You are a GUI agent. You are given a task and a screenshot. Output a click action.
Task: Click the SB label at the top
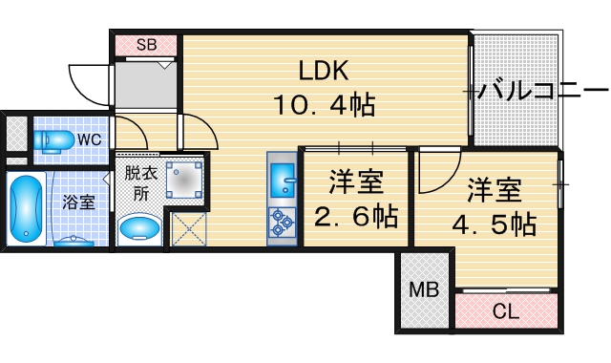coord(146,44)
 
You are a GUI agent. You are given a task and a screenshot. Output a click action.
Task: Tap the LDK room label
coord(325,71)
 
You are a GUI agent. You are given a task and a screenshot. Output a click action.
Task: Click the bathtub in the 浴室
coord(25,209)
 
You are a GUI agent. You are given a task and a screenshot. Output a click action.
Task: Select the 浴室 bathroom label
coord(78,203)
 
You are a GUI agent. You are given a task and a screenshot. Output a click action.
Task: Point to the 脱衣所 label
coord(140,181)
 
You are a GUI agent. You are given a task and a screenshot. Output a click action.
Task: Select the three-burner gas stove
coord(284,223)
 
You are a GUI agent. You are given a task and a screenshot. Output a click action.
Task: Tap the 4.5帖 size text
coord(495,224)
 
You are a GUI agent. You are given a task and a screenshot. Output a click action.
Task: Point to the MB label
coord(424,290)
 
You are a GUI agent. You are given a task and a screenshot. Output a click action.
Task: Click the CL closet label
coord(505,310)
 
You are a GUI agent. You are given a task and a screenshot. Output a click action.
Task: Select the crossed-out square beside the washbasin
coord(188,229)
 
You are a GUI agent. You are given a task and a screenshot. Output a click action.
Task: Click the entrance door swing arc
coord(87,84)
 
